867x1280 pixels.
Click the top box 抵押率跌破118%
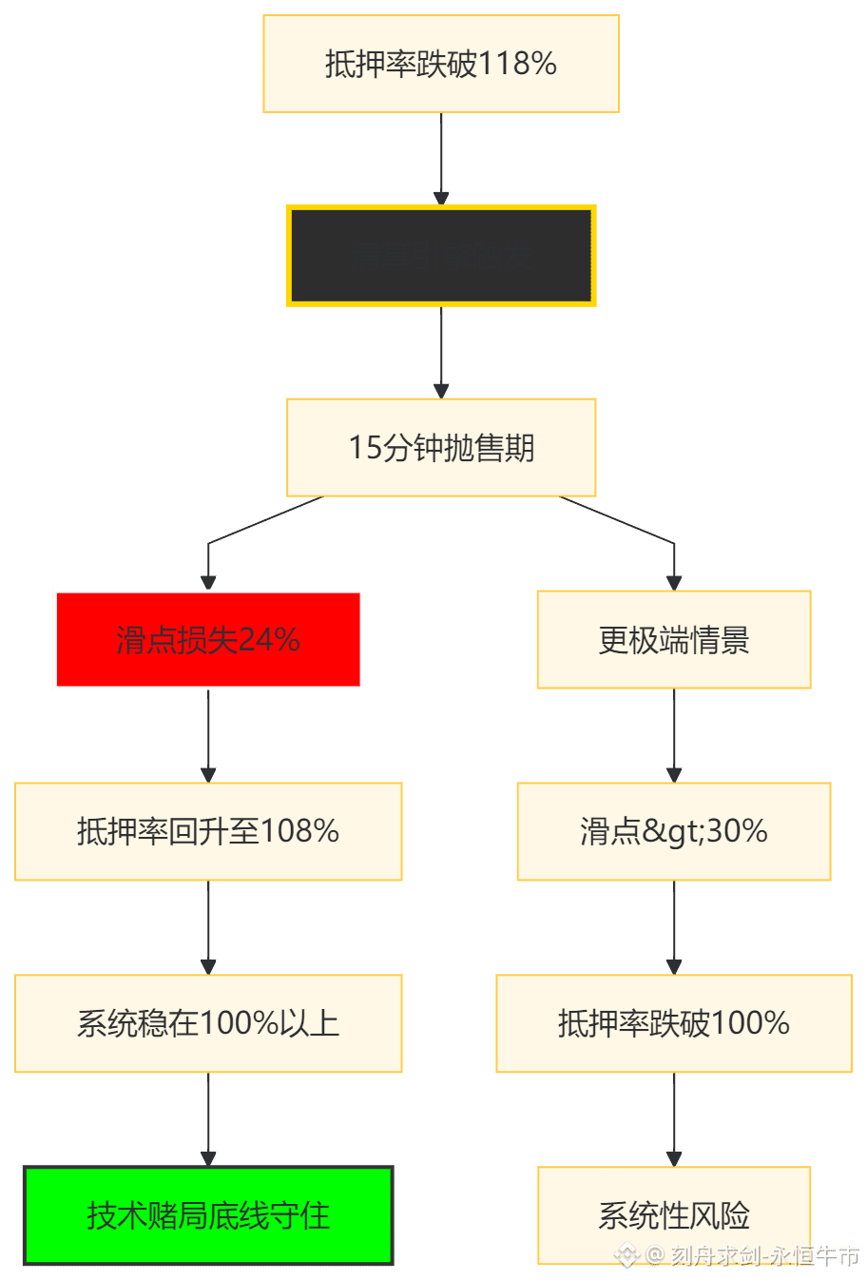tap(441, 64)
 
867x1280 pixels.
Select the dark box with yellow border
tap(441, 256)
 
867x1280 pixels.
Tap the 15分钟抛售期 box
tap(441, 447)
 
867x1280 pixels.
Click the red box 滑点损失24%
tap(208, 639)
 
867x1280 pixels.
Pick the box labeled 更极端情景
tap(674, 639)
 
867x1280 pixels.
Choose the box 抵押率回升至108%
tap(208, 831)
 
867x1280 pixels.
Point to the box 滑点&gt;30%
tap(674, 831)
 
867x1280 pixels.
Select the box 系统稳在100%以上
tap(208, 1023)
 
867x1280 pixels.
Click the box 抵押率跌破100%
tap(674, 1023)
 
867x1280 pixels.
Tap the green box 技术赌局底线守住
tap(208, 1215)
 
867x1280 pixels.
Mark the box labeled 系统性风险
tap(674, 1215)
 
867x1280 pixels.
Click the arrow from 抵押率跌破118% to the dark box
tap(441, 158)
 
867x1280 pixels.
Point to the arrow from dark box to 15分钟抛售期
tap(441, 351)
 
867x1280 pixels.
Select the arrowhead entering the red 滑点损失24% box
tap(208, 580)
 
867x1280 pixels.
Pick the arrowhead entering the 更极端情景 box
tap(674, 580)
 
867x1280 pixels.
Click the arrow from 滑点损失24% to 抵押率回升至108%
tap(208, 735)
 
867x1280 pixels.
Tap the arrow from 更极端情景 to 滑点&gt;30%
tap(674, 735)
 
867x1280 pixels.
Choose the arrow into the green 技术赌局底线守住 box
tap(208, 1119)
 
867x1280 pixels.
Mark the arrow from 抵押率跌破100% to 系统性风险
tap(674, 1119)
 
